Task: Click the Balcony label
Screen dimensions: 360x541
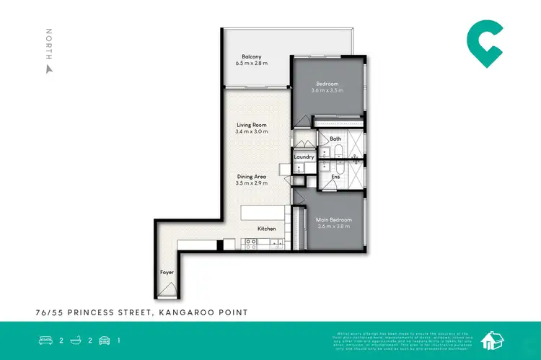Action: click(251, 56)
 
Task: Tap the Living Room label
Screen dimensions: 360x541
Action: click(251, 125)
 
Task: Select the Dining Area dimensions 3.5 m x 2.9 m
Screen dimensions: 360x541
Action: click(252, 183)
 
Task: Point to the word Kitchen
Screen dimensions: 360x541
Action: click(267, 229)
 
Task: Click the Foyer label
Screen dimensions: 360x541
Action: click(167, 273)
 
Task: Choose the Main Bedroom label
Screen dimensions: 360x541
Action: click(334, 219)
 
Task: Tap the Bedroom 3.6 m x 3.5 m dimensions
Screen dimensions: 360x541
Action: click(327, 91)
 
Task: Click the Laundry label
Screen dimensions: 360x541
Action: click(303, 157)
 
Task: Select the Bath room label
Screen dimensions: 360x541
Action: click(335, 139)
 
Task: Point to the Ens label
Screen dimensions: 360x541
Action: click(335, 176)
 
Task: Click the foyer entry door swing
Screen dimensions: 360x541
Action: click(167, 290)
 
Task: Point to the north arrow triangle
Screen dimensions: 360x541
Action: click(49, 69)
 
